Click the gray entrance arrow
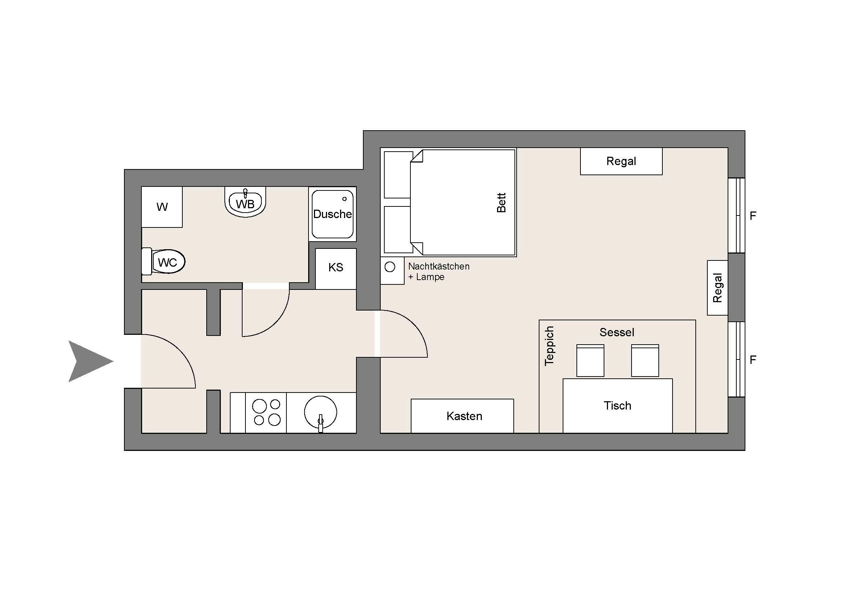88,361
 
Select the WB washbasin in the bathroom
245,203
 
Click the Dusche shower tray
332,214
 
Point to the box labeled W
162,207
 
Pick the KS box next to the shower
336,267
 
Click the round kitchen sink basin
320,412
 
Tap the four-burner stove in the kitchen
266,412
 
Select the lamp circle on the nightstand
390,267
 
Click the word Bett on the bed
501,202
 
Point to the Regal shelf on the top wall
621,161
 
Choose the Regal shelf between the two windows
717,288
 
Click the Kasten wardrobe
464,416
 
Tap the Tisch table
617,406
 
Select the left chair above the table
590,361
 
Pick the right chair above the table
645,361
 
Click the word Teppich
550,346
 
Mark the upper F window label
753,215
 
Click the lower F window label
753,359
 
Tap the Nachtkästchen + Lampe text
438,272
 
